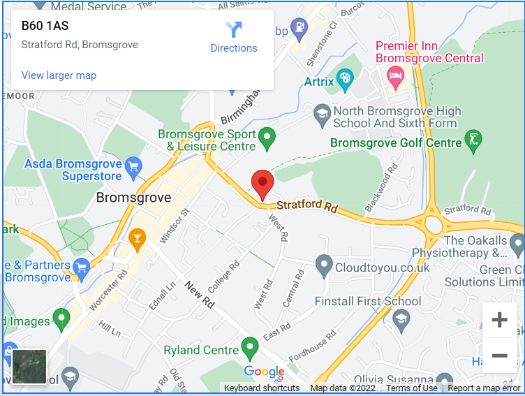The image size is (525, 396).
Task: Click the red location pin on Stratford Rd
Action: point(262,184)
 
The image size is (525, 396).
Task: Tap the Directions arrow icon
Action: point(234,30)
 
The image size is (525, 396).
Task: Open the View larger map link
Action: point(59,75)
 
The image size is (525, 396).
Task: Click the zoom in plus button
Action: point(499,321)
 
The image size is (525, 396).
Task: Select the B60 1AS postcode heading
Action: point(45,26)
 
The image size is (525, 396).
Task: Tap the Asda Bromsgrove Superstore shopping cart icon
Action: point(133,166)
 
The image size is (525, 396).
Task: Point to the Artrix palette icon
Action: point(345,79)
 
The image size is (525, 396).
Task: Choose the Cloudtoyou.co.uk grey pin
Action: point(323,265)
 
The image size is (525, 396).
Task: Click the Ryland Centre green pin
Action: point(249,348)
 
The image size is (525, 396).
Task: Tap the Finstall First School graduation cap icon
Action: point(401,321)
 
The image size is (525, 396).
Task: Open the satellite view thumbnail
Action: point(29,367)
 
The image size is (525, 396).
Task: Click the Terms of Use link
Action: point(412,388)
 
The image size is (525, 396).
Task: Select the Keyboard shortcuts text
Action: point(262,388)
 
